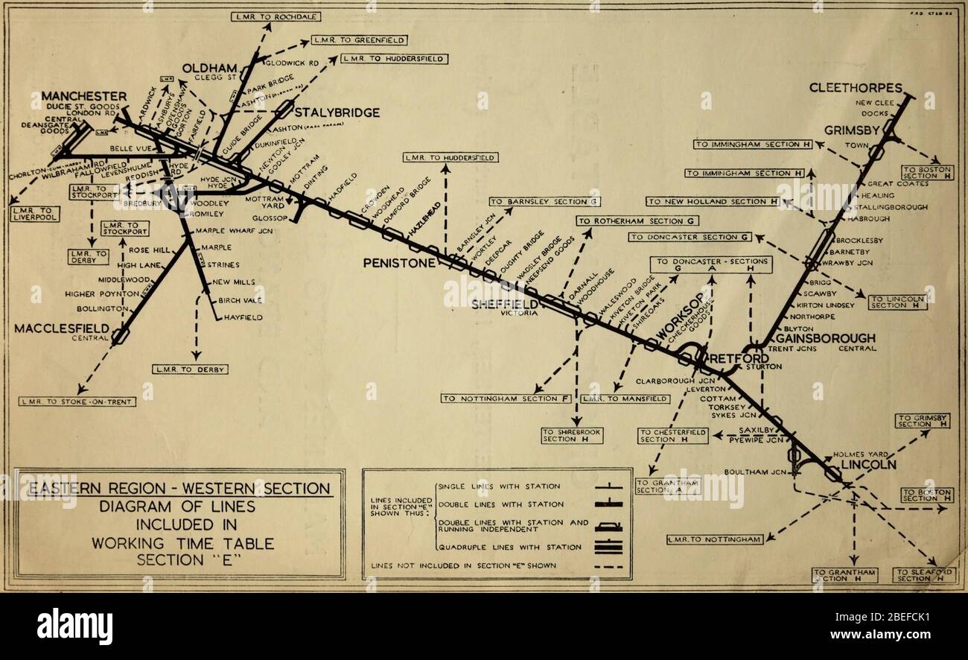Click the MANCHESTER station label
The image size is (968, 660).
point(83,97)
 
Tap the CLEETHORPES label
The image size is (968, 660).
point(856,88)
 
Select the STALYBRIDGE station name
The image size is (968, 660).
point(337,112)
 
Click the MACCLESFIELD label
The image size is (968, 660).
point(63,329)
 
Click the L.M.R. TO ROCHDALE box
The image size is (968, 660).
point(266,16)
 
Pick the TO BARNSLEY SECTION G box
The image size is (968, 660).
point(545,201)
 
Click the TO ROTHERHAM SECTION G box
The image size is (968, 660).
point(638,221)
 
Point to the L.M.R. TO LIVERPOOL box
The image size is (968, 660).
point(35,213)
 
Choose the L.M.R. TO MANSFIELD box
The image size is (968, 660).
point(625,399)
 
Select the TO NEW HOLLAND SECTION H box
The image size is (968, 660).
point(712,201)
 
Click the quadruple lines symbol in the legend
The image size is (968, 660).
point(608,548)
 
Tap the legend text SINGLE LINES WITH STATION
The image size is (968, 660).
point(499,486)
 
